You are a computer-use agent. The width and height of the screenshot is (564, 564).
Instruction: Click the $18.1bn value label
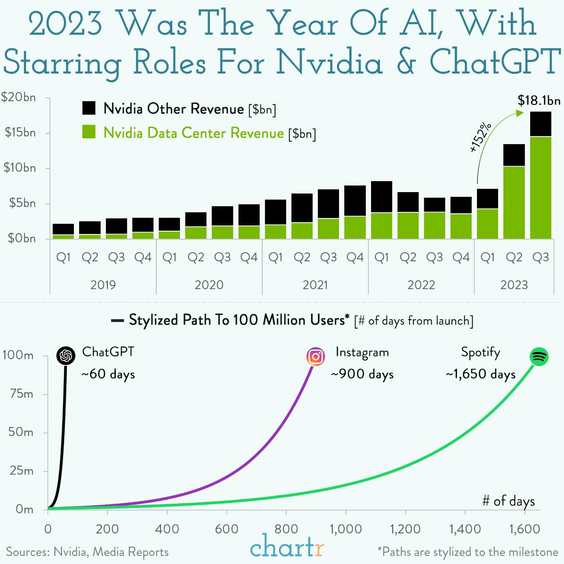coord(539,100)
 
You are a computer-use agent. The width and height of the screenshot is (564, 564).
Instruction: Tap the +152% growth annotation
coord(481,137)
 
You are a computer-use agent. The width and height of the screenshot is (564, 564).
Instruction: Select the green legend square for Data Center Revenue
coord(89,132)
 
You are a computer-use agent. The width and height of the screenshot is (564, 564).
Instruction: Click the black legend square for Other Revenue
coord(89,108)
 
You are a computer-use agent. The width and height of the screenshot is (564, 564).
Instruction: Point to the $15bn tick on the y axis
coord(20,133)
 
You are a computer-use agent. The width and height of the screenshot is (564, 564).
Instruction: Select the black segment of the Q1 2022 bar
coord(381,197)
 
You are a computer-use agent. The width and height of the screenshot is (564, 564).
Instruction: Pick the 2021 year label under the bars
coord(315,285)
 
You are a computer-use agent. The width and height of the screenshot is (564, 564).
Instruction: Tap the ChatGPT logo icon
coord(66,356)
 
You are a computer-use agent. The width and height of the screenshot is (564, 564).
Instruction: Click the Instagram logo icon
coord(316,357)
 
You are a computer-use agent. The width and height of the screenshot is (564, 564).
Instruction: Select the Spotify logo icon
coord(539,357)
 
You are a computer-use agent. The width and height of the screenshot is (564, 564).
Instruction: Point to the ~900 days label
coord(362,374)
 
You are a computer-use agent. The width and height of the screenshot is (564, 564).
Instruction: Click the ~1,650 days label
coord(480,374)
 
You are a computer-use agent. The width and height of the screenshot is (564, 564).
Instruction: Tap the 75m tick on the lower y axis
coord(22,394)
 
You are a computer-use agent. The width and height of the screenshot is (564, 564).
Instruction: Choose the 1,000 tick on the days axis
coord(346,529)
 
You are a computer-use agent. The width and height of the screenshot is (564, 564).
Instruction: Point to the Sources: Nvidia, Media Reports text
coord(87,552)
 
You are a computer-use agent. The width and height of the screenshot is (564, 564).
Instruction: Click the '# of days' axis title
coord(508,501)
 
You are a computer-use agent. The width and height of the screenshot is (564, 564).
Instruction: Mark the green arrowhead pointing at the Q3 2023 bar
coord(520,113)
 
